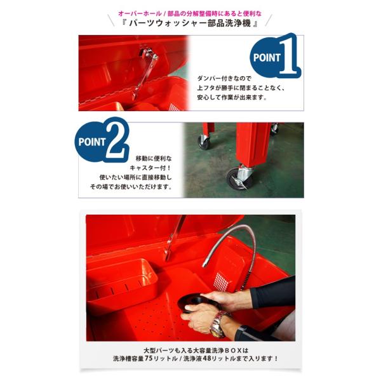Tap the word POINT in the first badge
coord(267,58)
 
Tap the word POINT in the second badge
coord(91,142)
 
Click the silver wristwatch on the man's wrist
coord(218,324)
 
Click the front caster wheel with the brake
coord(237,178)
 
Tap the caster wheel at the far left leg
coord(204,142)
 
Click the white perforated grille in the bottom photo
coord(221,282)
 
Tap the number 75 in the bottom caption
coord(149,358)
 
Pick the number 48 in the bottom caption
coord(207,358)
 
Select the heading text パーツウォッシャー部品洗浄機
coord(190,23)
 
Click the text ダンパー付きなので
coord(224,78)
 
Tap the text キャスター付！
coord(150,168)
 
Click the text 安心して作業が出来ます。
coord(232,97)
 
